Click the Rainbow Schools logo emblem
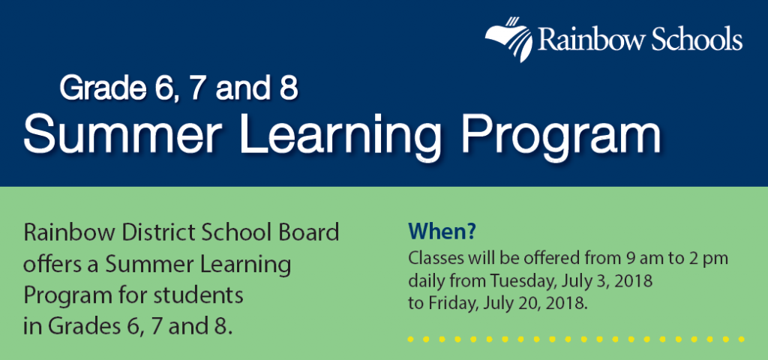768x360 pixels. coord(509,39)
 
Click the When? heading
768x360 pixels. coord(442,232)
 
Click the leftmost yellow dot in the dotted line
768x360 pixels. coord(410,339)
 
